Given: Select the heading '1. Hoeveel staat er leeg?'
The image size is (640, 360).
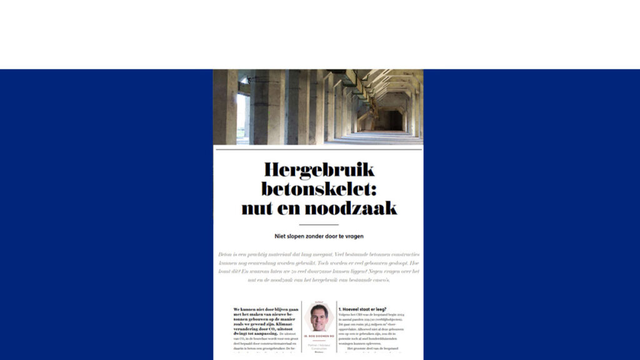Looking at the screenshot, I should coord(362,309).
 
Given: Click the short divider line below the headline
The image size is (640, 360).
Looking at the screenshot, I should coord(319,224).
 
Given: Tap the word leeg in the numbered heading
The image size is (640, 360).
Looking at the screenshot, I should coord(381,309).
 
